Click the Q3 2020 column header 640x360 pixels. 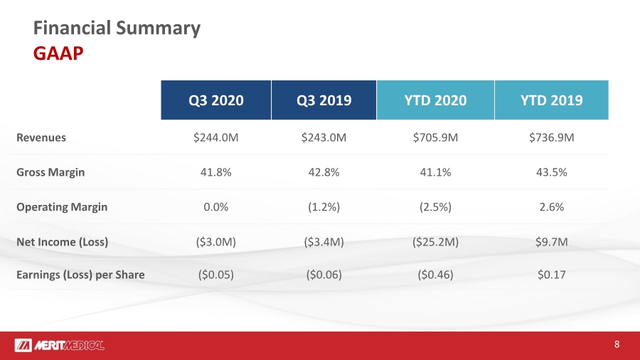tap(216, 100)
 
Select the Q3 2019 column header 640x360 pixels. tap(324, 100)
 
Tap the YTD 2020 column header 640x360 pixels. tap(435, 100)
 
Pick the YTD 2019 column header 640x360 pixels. tap(551, 100)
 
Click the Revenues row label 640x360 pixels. tap(41, 137)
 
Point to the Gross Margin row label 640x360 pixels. tap(50, 172)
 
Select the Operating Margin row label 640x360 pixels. tap(62, 207)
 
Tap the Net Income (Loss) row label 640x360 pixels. tap(62, 242)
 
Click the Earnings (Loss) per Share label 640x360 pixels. tap(80, 275)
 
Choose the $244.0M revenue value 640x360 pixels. tap(216, 137)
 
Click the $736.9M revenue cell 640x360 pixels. tap(551, 137)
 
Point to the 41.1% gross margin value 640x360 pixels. tap(435, 172)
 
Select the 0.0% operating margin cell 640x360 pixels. tap(216, 207)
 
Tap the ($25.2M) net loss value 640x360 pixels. tap(435, 242)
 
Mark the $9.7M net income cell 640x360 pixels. tap(551, 242)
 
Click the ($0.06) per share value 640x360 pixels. tap(324, 275)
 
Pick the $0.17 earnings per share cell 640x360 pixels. tap(551, 275)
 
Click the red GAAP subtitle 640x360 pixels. tap(58, 53)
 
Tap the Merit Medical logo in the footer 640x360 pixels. tap(59, 345)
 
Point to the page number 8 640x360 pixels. tap(617, 344)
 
